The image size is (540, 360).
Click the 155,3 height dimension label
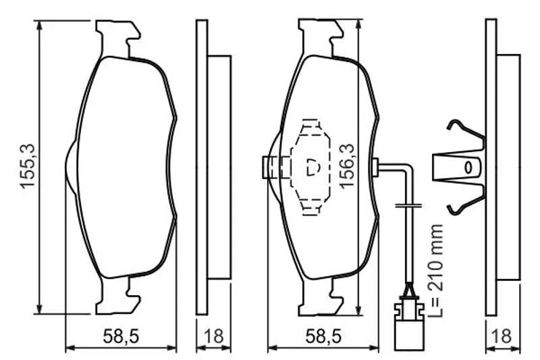[28, 166]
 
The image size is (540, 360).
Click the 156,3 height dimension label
[346, 166]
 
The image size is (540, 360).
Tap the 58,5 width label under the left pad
[121, 336]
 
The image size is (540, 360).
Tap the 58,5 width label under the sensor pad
[323, 336]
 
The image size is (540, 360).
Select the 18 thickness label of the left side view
[213, 336]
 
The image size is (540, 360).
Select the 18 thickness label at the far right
[502, 336]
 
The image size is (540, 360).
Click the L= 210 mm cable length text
[435, 270]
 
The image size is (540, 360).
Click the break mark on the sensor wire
[408, 205]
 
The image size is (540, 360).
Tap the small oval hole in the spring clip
[468, 168]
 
